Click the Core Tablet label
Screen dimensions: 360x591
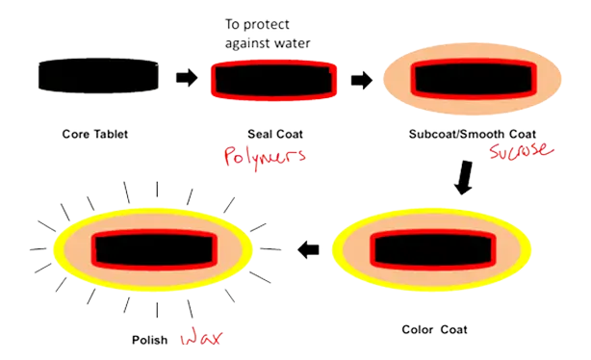coord(94,135)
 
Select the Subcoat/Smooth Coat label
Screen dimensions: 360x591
coord(466,136)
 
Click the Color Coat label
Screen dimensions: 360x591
coord(435,329)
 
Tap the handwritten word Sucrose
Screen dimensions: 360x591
coord(520,152)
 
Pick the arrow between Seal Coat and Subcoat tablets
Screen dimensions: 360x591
coord(359,79)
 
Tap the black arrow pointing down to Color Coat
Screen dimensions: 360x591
coord(465,180)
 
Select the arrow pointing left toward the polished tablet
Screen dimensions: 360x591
coord(308,250)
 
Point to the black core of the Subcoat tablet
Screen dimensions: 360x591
coord(472,75)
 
